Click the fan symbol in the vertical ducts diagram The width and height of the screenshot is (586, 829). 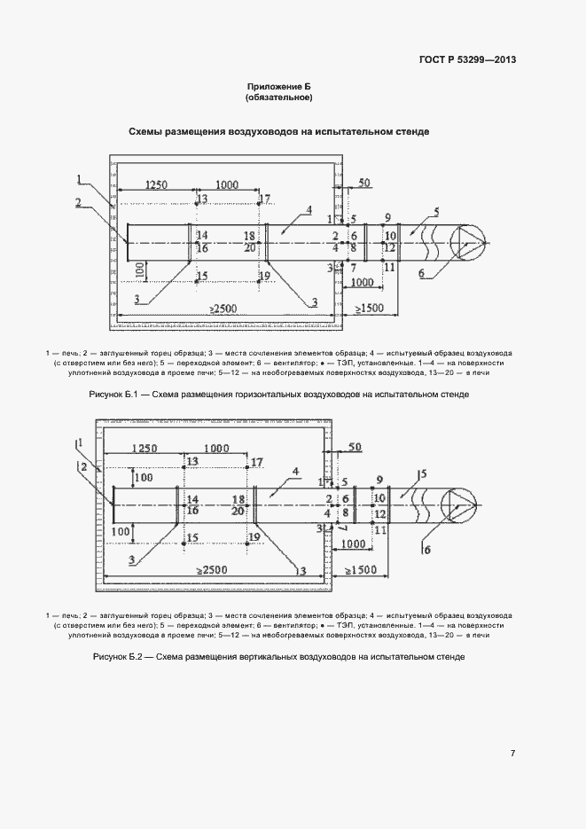[x=460, y=504]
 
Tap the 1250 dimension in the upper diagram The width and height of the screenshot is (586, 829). [x=156, y=184]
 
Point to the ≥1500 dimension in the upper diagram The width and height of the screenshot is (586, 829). [x=371, y=308]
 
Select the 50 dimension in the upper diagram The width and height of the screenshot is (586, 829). [x=364, y=183]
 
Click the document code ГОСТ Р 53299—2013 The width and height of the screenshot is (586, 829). [x=467, y=60]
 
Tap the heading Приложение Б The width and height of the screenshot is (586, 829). [x=279, y=86]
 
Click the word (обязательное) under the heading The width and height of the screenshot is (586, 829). [x=279, y=98]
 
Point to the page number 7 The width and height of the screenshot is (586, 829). [x=512, y=754]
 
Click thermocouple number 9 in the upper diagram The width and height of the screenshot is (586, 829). [x=387, y=217]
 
